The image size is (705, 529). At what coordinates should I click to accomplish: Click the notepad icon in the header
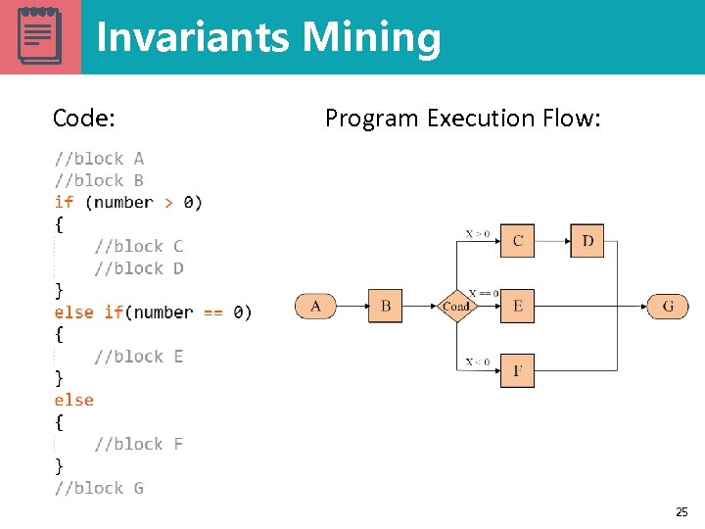coord(39,36)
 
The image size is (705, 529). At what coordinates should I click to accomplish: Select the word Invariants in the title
coord(194,37)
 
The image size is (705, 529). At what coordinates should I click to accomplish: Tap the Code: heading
coord(84,119)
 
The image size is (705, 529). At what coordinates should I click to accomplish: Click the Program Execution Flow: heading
coord(463,119)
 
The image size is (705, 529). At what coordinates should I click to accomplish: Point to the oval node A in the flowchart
coord(315,307)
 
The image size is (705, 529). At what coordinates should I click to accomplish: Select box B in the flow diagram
coord(385,307)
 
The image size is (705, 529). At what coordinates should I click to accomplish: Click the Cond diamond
coord(456,307)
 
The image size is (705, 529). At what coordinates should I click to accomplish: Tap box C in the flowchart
coord(517,240)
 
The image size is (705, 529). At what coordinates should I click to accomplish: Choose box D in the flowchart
coord(587,240)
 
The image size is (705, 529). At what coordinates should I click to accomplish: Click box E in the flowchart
coord(517,307)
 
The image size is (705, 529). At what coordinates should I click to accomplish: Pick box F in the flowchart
coord(517,370)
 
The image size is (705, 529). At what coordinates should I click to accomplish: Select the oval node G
coord(668,307)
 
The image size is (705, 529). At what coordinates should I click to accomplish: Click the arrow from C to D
coord(552,240)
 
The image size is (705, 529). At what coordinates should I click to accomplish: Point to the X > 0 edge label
coord(478,233)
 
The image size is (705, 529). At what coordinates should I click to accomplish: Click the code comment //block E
coord(138,356)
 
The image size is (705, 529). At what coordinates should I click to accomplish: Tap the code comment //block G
coord(99,488)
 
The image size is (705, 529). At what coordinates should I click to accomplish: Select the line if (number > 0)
coord(128,203)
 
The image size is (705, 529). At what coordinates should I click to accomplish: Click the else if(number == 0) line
coord(153,313)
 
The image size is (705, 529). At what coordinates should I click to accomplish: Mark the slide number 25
coord(681,511)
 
